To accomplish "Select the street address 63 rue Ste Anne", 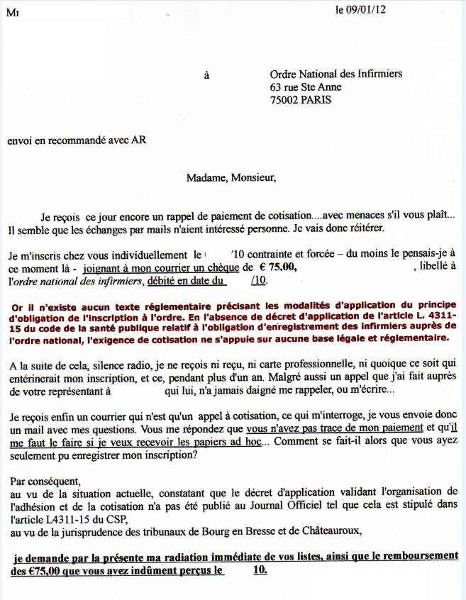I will click(306, 87).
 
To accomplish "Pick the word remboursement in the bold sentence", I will click(418, 555).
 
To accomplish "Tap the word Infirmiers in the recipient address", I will click(376, 73).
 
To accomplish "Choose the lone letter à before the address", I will click(206, 74).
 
